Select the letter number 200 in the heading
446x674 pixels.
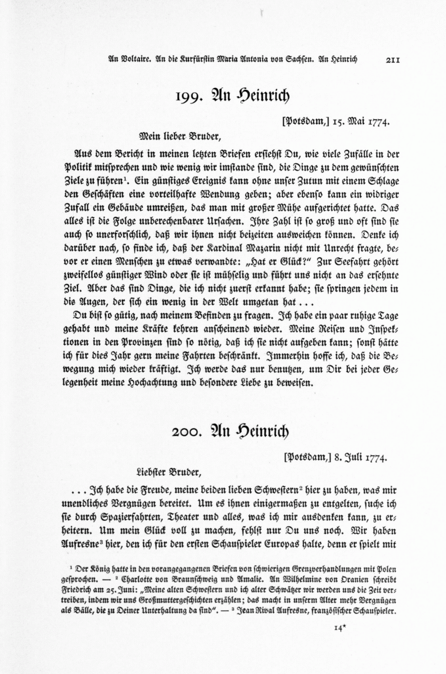point(186,431)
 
